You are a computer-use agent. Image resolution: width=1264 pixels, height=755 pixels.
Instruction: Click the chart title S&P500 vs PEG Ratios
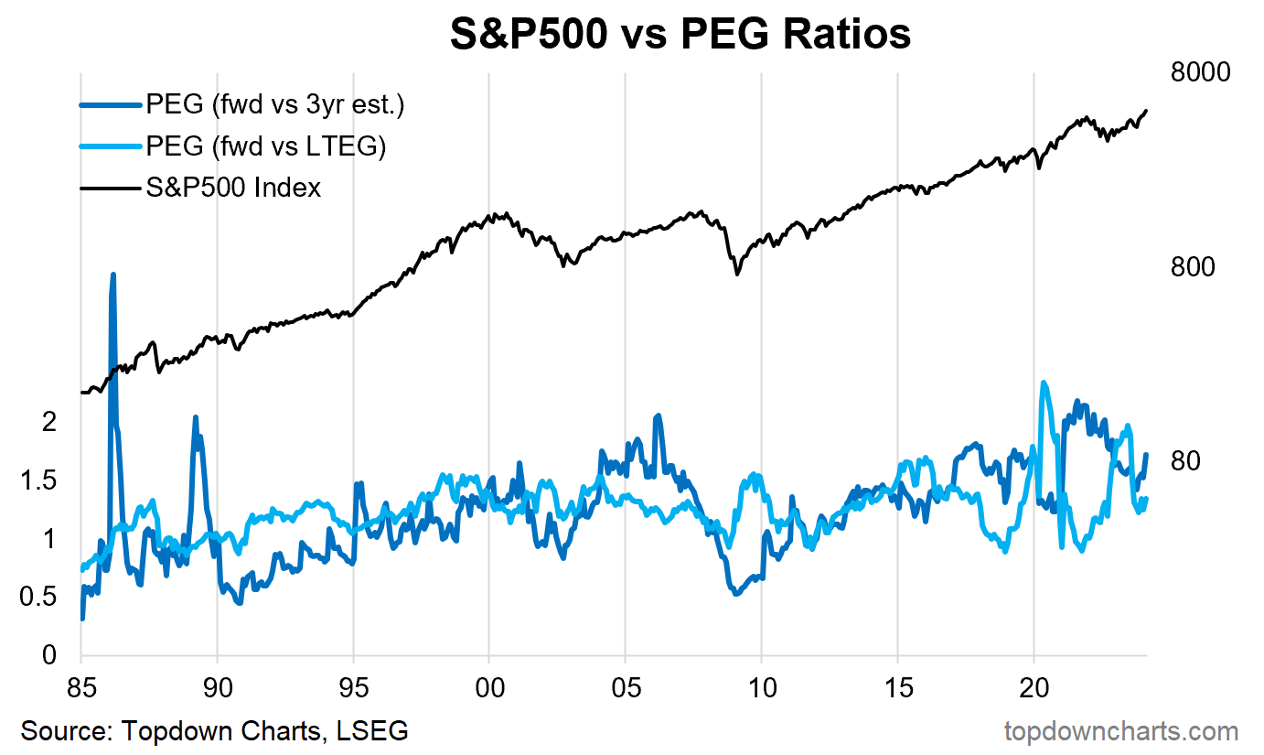pyautogui.click(x=680, y=34)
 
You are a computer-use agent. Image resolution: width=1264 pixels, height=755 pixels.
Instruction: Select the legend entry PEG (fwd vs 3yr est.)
pyautogui.click(x=274, y=105)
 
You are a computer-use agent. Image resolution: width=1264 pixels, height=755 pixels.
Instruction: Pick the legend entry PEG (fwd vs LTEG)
pyautogui.click(x=266, y=146)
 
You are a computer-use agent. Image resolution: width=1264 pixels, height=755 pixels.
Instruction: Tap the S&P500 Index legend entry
pyautogui.click(x=233, y=188)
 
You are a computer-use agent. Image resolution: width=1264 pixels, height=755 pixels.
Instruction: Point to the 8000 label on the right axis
pyautogui.click(x=1200, y=72)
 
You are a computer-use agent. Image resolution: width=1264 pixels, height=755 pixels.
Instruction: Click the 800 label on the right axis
pyautogui.click(x=1193, y=267)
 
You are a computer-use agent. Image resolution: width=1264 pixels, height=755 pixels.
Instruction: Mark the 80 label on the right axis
pyautogui.click(x=1185, y=461)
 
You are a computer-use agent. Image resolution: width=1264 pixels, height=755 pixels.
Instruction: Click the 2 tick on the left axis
pyautogui.click(x=49, y=422)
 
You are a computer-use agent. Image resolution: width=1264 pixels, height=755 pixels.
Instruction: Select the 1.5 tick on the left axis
pyautogui.click(x=39, y=480)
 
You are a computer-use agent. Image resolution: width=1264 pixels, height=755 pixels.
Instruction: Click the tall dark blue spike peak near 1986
pyautogui.click(x=112, y=274)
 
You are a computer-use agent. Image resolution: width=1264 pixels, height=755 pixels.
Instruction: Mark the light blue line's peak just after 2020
pyautogui.click(x=1044, y=383)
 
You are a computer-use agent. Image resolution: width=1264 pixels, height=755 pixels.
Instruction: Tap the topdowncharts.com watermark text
pyautogui.click(x=1121, y=732)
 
